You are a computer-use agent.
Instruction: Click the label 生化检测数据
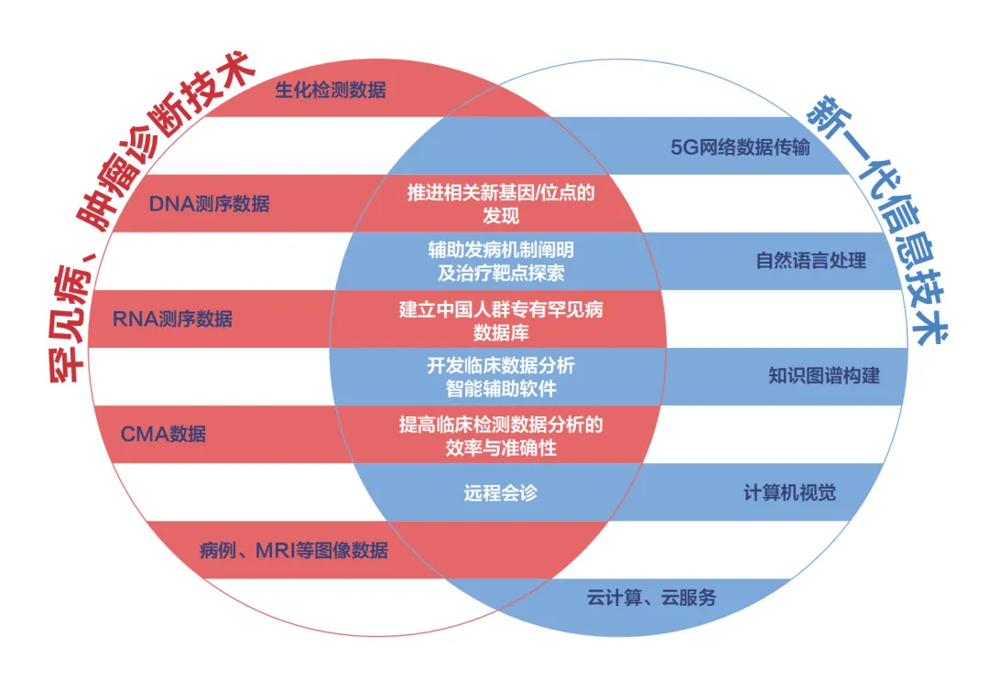(330, 90)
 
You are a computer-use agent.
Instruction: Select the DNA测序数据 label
(209, 203)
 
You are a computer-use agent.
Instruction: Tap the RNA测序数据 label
(172, 318)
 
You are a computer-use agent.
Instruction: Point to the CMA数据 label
(163, 434)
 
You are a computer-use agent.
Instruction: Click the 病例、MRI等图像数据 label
(293, 551)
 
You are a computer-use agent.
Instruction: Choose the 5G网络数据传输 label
(740, 146)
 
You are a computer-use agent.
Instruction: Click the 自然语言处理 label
(810, 261)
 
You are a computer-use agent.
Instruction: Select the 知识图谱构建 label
(823, 376)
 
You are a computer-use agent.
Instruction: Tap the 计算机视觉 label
(788, 493)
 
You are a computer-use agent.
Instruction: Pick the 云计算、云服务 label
(651, 599)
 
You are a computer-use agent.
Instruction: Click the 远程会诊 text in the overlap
(500, 492)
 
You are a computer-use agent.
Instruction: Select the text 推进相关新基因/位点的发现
(500, 203)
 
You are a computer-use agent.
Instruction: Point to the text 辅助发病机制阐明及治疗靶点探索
(500, 261)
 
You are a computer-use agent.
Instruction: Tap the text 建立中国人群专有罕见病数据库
(500, 319)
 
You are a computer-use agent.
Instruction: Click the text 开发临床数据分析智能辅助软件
(500, 376)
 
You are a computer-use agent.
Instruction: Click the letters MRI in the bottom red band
(276, 551)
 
